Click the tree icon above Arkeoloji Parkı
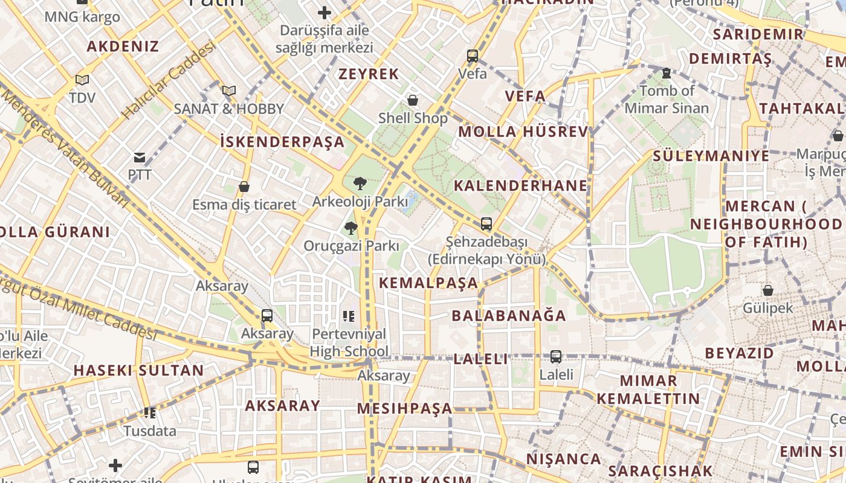(360, 183)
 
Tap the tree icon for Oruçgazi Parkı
(350, 228)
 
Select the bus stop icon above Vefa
(473, 56)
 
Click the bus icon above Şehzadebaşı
(486, 224)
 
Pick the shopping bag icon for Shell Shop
(413, 100)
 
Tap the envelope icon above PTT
(140, 158)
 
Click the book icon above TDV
(82, 80)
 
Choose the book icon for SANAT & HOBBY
(228, 91)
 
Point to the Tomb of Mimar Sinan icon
(666, 73)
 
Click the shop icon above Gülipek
(768, 290)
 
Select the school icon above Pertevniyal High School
(348, 316)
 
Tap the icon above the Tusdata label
(150, 413)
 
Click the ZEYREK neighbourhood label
(369, 74)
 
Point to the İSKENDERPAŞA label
(282, 142)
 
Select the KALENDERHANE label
(520, 185)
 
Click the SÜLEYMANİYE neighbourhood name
(711, 156)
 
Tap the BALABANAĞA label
(509, 316)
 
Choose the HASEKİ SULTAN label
(138, 371)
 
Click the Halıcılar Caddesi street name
(169, 80)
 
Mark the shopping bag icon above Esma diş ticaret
(244, 187)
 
